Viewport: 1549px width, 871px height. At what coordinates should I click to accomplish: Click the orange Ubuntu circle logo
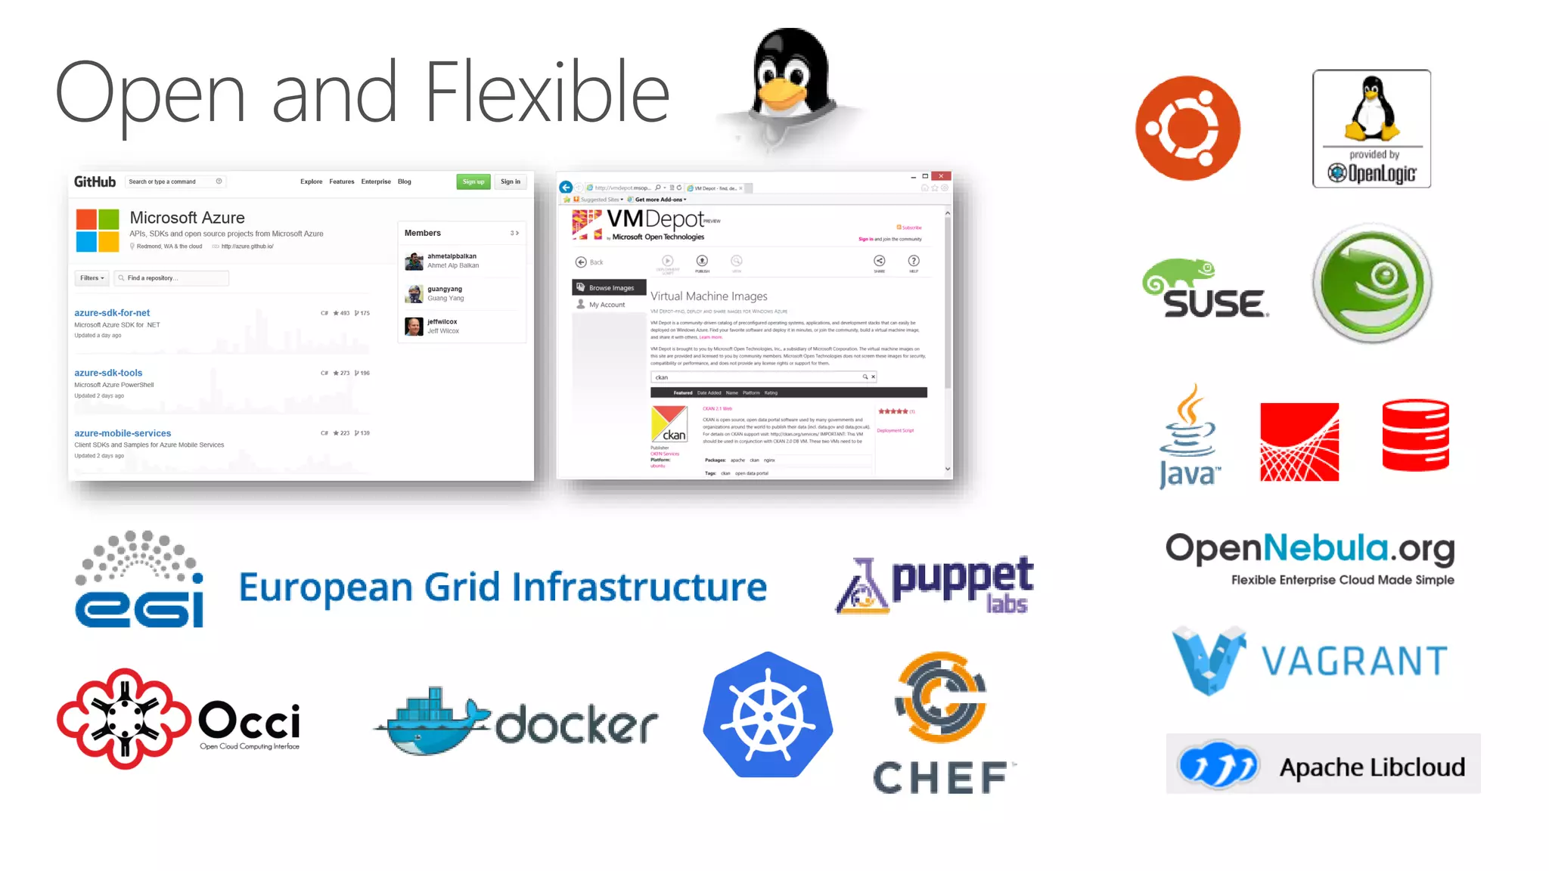(x=1187, y=128)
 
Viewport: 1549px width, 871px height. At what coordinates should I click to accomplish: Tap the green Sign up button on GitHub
(x=473, y=181)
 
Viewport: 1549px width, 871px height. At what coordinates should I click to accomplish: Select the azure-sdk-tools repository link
(x=108, y=373)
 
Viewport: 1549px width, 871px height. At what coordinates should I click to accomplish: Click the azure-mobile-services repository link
(x=123, y=433)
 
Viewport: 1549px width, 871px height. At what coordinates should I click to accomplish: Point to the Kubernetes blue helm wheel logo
(x=768, y=715)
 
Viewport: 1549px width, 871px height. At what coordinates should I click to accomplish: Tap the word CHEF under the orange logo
(x=940, y=778)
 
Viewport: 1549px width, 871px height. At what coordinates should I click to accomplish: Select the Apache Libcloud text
(x=1371, y=767)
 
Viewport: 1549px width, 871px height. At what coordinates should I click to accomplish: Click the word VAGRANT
(x=1354, y=662)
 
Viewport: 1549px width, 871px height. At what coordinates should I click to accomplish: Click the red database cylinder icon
(x=1415, y=435)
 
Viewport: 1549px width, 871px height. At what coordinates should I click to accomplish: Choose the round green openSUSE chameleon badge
(x=1372, y=284)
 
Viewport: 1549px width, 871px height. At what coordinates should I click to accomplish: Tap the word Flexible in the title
(x=547, y=92)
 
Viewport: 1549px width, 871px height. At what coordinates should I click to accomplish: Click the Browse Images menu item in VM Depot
(x=610, y=288)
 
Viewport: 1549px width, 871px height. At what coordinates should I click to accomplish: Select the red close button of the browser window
(x=941, y=176)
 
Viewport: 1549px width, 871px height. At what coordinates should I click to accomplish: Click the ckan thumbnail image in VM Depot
(x=669, y=424)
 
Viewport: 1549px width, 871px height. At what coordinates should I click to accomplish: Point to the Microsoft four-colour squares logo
(x=98, y=231)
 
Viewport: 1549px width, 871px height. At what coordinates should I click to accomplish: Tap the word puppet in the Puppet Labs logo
(x=962, y=578)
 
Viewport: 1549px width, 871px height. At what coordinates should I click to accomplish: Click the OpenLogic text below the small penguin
(x=1381, y=174)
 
